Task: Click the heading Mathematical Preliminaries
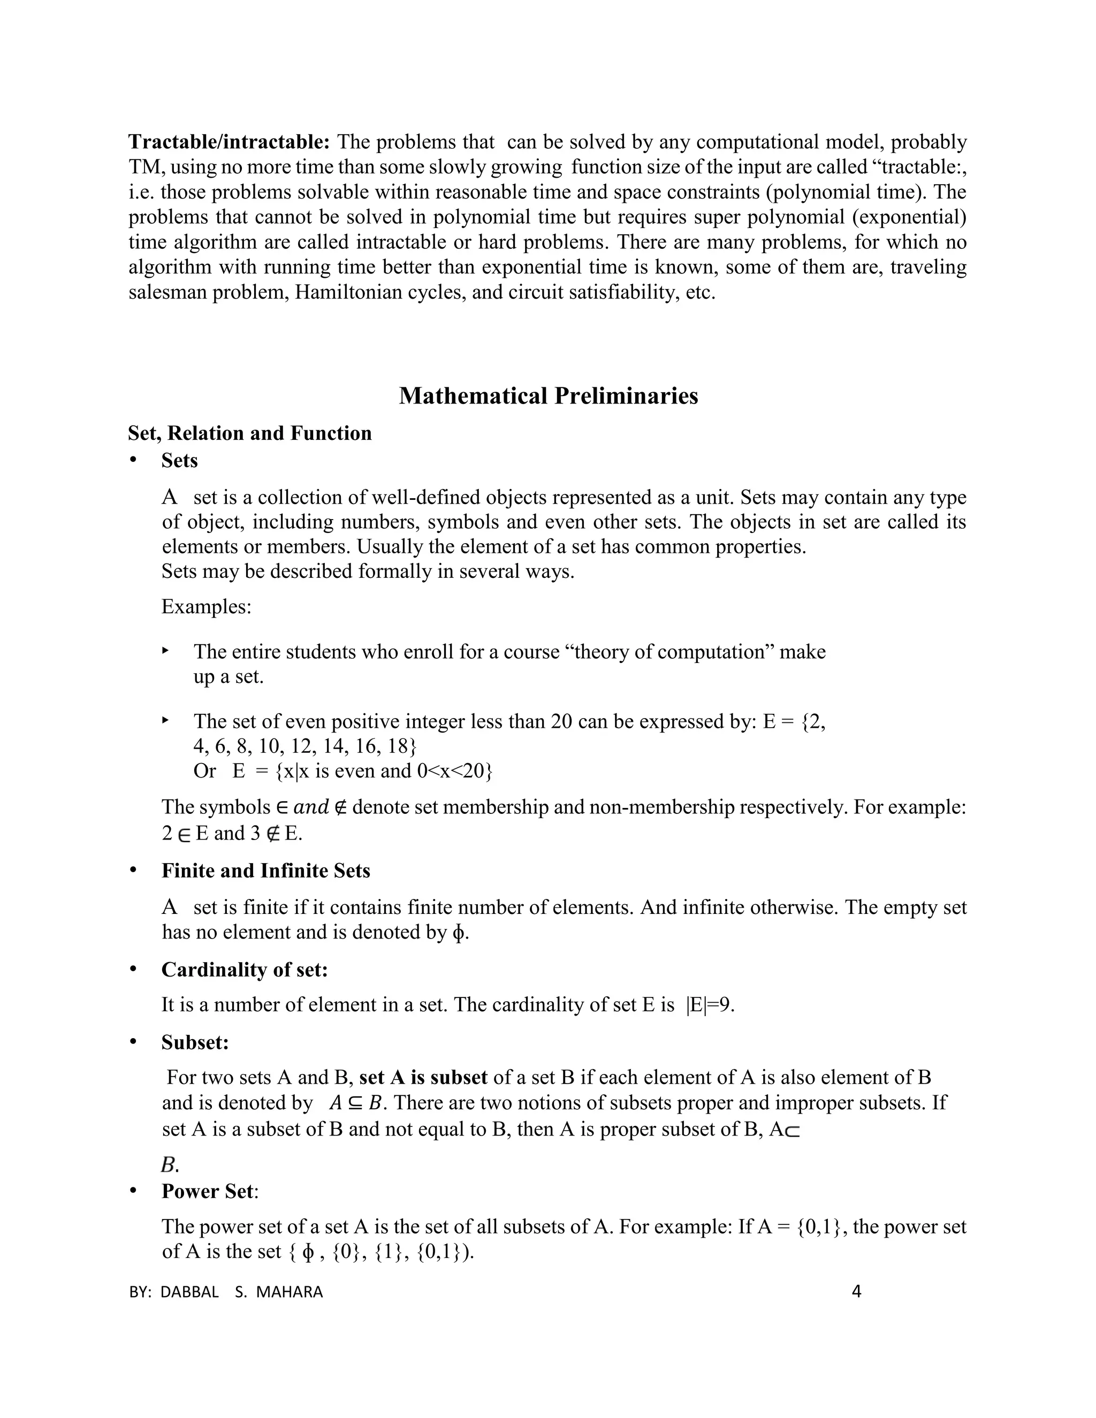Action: point(548,395)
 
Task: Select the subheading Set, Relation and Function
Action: point(250,433)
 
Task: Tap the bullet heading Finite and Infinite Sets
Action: point(265,871)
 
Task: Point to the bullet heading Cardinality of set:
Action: point(245,970)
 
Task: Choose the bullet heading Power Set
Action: point(207,1192)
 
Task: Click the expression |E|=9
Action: point(709,1004)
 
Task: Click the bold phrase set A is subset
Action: point(423,1078)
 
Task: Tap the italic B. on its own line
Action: point(170,1165)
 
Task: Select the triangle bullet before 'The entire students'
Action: point(165,650)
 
